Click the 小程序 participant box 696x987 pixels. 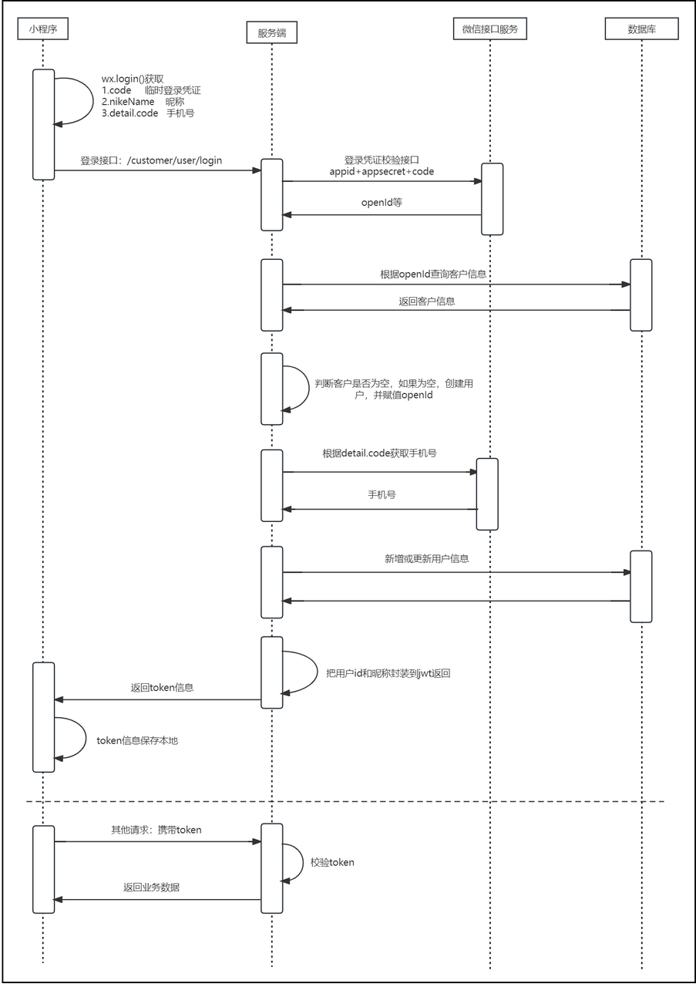(42, 29)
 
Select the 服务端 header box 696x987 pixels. (272, 32)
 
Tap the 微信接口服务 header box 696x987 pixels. (490, 29)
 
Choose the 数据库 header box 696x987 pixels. (641, 29)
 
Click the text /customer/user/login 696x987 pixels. (174, 160)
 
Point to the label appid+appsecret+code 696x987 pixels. (382, 171)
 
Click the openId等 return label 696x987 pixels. (382, 203)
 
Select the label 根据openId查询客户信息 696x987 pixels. (433, 274)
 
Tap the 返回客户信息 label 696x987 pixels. (426, 301)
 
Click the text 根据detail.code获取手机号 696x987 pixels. (379, 453)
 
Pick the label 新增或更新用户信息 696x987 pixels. (426, 559)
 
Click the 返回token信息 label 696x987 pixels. (162, 688)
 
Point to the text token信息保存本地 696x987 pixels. (137, 741)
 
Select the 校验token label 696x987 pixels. (332, 862)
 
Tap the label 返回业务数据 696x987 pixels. (151, 888)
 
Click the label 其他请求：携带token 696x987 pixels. (156, 830)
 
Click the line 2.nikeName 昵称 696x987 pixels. (143, 102)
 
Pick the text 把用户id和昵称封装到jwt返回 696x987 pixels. (388, 673)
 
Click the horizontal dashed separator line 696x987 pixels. (345, 801)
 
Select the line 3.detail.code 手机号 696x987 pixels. (147, 113)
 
